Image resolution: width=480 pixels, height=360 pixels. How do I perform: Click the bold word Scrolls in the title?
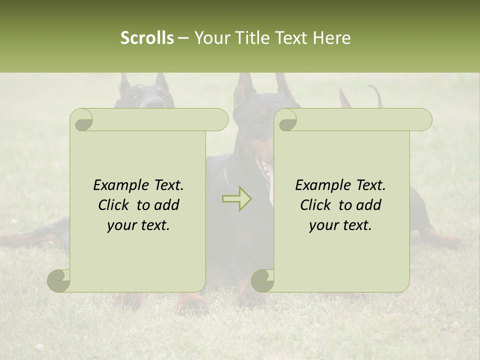pyautogui.click(x=147, y=37)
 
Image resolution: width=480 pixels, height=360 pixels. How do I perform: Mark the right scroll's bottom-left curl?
pyautogui.click(x=263, y=280)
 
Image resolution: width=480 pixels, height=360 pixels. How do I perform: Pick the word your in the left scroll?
pyautogui.click(x=121, y=225)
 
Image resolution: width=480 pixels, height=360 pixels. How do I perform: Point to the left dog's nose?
pyautogui.click(x=154, y=102)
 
